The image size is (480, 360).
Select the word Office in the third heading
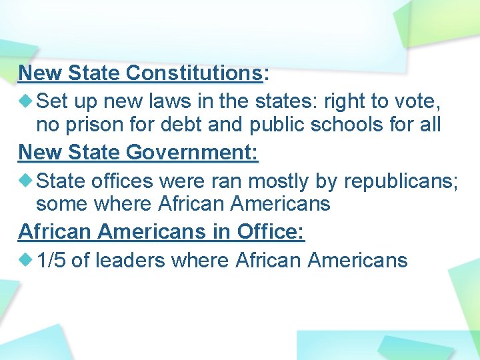(269, 232)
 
